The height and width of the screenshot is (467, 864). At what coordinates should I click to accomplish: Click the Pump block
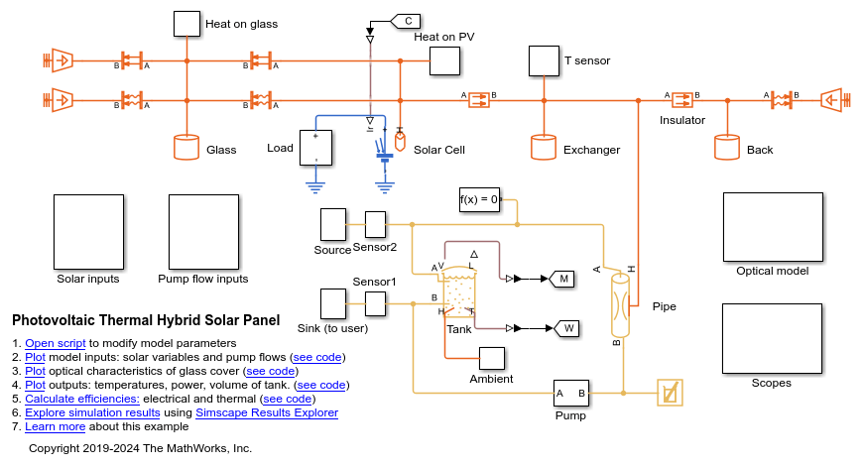point(570,394)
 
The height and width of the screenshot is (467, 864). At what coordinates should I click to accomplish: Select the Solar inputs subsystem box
point(87,231)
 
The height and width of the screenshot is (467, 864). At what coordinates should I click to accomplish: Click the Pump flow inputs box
point(202,231)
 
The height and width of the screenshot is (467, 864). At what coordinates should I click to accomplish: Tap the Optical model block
point(772,226)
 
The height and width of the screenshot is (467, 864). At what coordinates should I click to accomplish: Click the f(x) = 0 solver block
point(479,199)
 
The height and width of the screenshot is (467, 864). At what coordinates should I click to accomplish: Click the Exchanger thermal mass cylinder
point(543,148)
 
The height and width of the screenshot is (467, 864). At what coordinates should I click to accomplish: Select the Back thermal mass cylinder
point(727,148)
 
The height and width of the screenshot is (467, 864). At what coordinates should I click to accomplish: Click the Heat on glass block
point(186,24)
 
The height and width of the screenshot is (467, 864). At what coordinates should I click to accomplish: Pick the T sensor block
point(544,60)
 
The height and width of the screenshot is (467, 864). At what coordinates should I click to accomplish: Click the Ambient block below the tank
point(492,359)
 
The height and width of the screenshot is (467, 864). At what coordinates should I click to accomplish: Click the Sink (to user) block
point(332,303)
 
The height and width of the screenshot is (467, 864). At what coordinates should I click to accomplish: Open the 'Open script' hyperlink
point(56,343)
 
